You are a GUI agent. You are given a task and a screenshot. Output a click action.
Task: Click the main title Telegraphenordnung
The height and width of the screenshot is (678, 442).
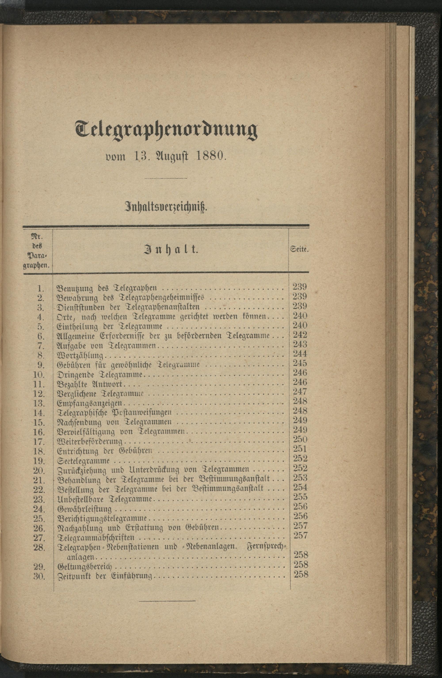tap(166, 130)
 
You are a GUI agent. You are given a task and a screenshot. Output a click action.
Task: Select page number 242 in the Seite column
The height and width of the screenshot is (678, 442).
tap(300, 335)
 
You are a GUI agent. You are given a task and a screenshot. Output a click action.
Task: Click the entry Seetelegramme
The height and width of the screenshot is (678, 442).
tap(84, 461)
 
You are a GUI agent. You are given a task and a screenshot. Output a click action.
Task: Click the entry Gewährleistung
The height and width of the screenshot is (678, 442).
tap(85, 509)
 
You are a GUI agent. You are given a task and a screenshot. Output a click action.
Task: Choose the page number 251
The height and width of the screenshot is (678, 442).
tap(300, 449)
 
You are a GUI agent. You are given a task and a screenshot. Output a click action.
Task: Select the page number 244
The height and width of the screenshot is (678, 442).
tap(300, 354)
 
